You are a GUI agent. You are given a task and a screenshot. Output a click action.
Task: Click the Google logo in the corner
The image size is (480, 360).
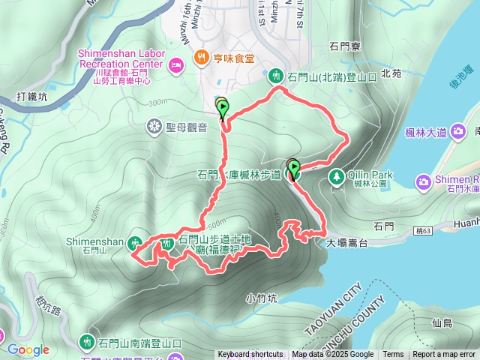[28, 349]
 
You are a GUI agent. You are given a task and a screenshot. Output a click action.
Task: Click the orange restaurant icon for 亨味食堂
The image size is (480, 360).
[201, 58]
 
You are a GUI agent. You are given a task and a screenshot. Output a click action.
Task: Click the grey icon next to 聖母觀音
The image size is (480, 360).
[154, 126]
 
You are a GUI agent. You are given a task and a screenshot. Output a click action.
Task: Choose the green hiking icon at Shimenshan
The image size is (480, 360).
[135, 242]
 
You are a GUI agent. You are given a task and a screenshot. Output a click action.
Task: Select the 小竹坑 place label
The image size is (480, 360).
[261, 298]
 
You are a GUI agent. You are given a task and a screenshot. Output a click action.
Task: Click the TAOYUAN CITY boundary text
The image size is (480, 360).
[334, 307]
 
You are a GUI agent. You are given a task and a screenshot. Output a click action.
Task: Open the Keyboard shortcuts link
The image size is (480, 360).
[250, 355]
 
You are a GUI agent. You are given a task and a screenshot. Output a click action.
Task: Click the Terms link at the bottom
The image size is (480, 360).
[392, 355]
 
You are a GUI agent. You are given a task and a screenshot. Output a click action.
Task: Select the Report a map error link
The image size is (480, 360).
[444, 355]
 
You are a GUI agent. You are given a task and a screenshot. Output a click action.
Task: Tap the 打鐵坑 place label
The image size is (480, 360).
[31, 97]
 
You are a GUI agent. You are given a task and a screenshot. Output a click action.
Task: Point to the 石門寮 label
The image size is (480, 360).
[346, 46]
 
